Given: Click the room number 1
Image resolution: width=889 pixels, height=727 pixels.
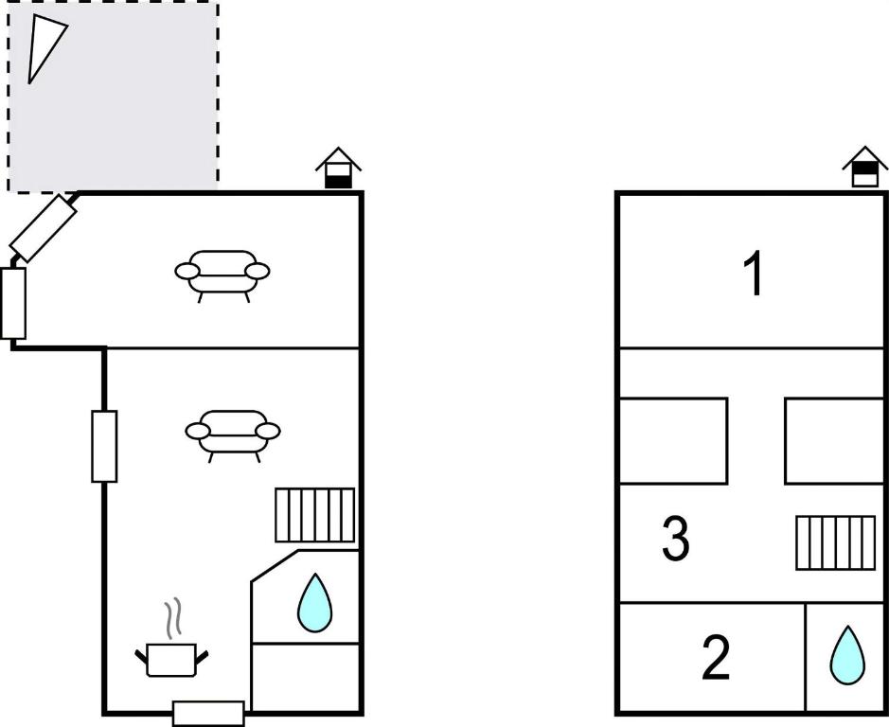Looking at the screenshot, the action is point(754,274).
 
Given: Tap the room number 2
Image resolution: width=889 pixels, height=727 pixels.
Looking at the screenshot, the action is point(716,658).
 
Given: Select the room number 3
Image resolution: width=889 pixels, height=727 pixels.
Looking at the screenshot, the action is point(676,539).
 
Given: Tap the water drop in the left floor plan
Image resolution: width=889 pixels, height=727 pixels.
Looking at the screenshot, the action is point(314,603).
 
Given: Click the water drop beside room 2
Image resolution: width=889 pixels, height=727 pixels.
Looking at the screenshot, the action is point(847,655).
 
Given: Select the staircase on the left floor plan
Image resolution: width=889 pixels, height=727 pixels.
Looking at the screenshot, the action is point(315,515).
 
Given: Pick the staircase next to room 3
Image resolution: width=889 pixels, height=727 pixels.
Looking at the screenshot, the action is point(836,542).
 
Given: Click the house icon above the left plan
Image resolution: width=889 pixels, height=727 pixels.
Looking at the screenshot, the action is point(339,168).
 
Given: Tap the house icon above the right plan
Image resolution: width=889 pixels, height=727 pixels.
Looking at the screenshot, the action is point(864,167).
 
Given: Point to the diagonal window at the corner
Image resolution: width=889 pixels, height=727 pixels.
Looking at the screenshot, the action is point(44,228).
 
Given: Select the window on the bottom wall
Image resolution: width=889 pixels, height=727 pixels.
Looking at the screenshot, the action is point(208,714).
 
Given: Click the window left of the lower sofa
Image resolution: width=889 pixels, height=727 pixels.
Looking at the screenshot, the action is point(104,446).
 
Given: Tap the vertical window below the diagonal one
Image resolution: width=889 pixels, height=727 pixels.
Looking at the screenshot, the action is point(13,303).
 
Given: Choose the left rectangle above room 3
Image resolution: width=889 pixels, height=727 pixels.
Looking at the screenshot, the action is point(673,441).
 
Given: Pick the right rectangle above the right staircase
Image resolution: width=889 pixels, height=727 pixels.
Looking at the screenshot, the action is point(835,441).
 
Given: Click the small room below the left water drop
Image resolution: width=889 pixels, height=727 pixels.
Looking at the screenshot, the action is point(306,677).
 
